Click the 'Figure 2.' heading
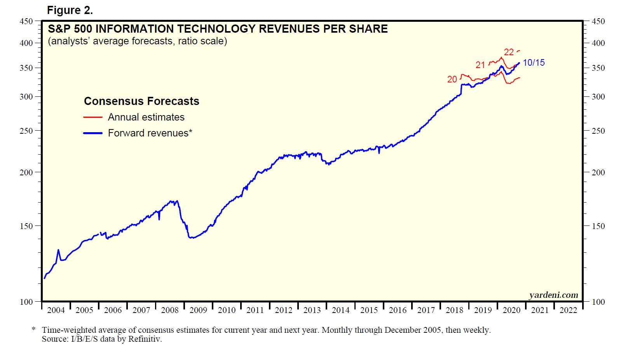pyautogui.click(x=70, y=10)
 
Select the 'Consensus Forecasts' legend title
pyautogui.click(x=141, y=101)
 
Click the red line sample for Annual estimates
pyautogui.click(x=93, y=117)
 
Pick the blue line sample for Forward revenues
pyautogui.click(x=93, y=133)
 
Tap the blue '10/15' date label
pyautogui.click(x=534, y=63)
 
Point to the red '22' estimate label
pyautogui.click(x=509, y=52)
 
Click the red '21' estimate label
pyautogui.click(x=480, y=65)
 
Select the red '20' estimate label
pyautogui.click(x=452, y=79)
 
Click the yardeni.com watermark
pyautogui.click(x=553, y=295)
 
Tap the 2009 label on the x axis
pyautogui.click(x=198, y=310)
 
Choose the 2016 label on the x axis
pyautogui.click(x=398, y=310)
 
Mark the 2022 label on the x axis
pyautogui.click(x=568, y=310)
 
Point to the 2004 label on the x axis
pyautogui.click(x=56, y=310)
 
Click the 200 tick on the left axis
pyautogui.click(x=26, y=172)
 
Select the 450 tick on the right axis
pyautogui.click(x=598, y=21)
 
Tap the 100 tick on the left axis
pyautogui.click(x=26, y=302)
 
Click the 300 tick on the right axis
pyautogui.click(x=598, y=97)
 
